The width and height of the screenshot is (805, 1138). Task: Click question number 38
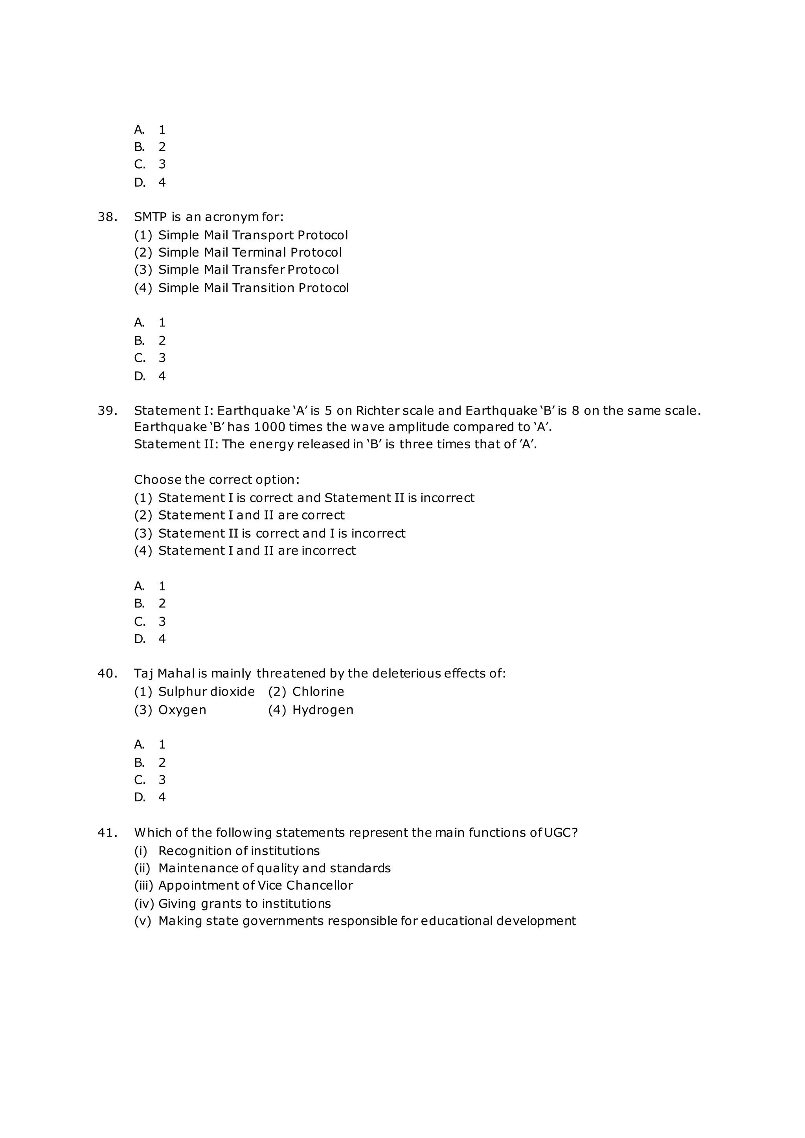tap(107, 217)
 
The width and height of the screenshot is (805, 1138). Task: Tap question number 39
tap(107, 411)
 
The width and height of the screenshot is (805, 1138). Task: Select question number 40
tap(107, 674)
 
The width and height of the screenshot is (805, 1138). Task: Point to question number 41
tap(107, 833)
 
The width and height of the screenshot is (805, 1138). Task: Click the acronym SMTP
tap(150, 217)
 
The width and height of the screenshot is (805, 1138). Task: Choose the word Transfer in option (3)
tap(258, 270)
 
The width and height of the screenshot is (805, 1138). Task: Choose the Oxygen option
tap(182, 710)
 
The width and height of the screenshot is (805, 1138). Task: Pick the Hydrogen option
tap(323, 710)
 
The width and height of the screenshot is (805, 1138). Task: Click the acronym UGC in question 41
tap(557, 833)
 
